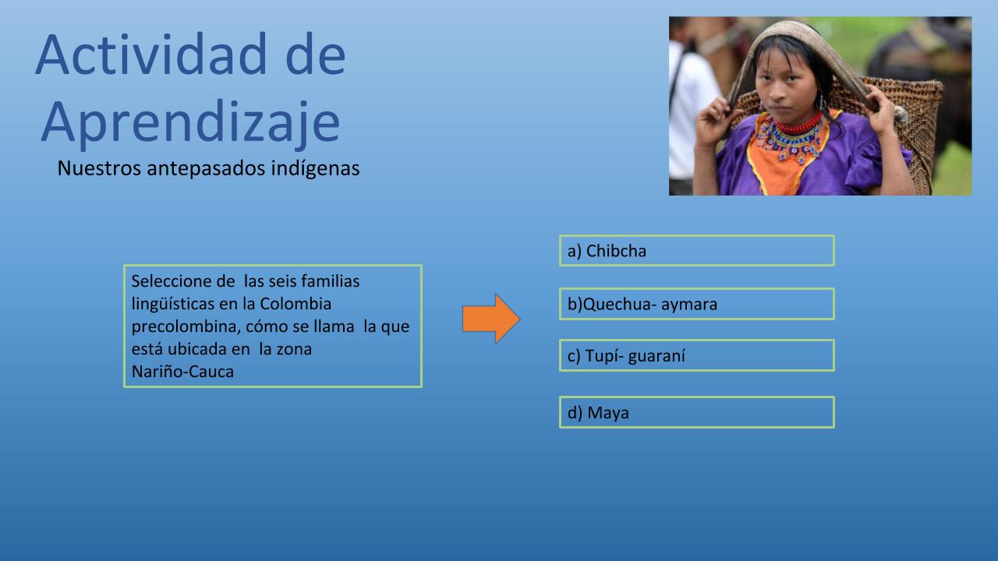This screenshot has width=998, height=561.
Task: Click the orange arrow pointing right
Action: [x=491, y=319]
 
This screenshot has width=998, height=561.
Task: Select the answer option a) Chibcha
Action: [x=697, y=251]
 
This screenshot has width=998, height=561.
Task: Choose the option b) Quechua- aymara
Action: [x=697, y=304]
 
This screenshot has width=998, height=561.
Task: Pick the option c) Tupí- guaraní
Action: [x=697, y=355]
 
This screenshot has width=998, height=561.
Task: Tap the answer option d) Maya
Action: [x=697, y=412]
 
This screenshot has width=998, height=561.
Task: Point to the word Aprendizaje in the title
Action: [x=191, y=122]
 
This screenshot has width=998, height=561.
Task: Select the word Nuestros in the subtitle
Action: [x=99, y=168]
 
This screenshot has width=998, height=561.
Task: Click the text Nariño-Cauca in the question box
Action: [x=182, y=372]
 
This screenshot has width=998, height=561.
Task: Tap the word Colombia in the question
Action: [x=296, y=304]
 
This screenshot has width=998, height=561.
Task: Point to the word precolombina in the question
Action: [x=186, y=326]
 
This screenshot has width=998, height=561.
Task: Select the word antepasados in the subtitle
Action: [x=206, y=169]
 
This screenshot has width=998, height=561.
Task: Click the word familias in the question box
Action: [x=331, y=281]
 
